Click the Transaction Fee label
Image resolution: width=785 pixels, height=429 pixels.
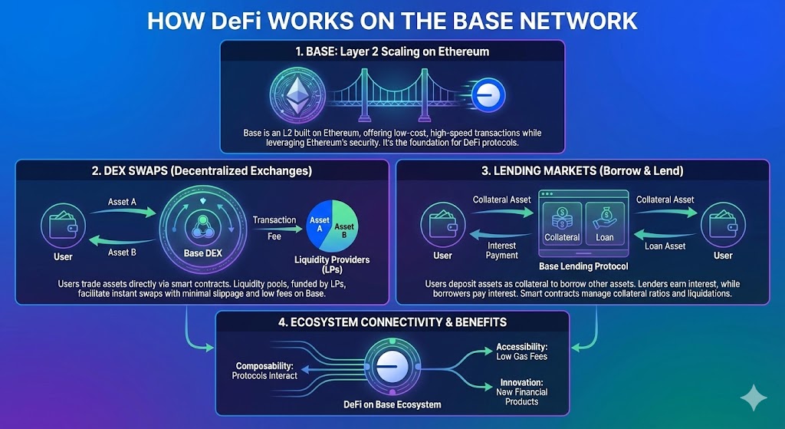tap(274, 226)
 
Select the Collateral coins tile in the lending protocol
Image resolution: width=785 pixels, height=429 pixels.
tap(563, 223)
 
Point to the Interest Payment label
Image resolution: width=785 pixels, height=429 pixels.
tap(502, 250)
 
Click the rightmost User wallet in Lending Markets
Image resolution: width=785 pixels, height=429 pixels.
tap(723, 223)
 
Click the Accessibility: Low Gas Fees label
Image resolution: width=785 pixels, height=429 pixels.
tap(522, 351)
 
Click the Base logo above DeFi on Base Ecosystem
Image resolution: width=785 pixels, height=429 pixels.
tap(391, 368)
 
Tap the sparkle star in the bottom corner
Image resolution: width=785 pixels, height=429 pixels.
tap(753, 398)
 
